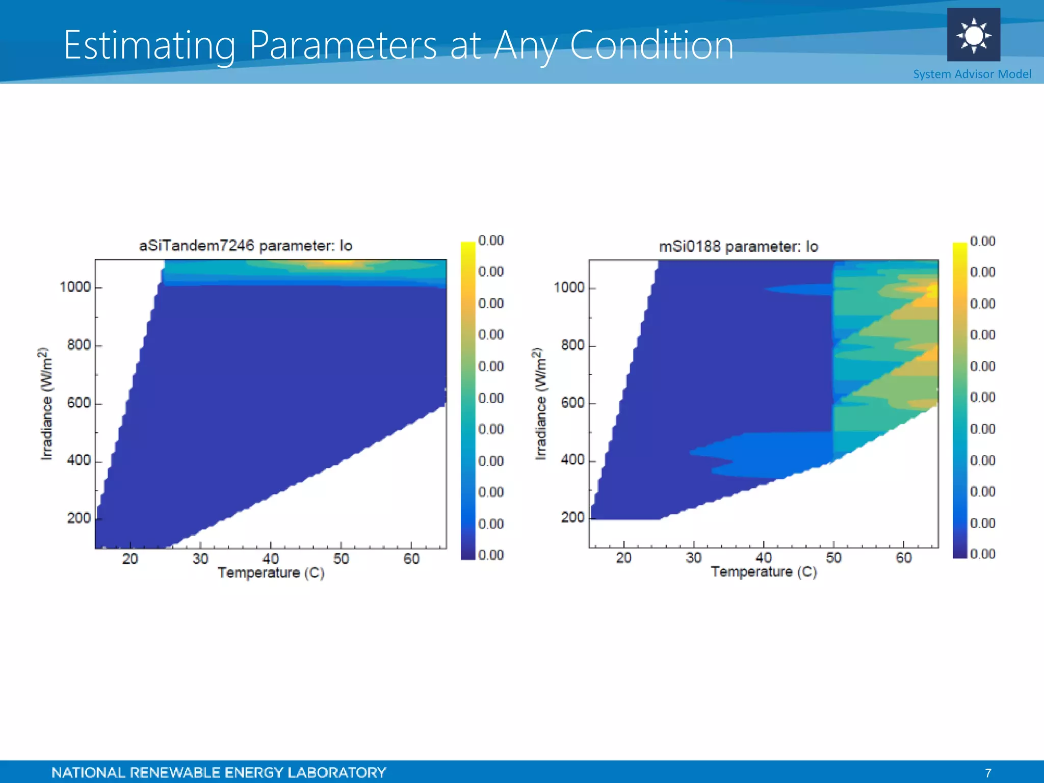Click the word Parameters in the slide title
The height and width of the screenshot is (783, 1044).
point(343,46)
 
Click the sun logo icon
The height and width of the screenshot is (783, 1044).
point(973,35)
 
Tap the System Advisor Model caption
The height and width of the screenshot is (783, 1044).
point(972,74)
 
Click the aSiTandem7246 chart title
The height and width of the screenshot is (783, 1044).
point(246,246)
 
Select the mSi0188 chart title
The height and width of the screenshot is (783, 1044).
point(738,247)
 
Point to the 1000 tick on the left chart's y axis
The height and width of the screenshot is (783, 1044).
point(75,287)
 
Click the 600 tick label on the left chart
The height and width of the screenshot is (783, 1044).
point(79,403)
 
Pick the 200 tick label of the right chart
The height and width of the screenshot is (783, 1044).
point(572,517)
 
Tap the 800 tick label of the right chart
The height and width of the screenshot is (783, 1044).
point(572,345)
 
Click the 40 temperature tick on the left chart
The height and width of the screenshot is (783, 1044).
point(270,559)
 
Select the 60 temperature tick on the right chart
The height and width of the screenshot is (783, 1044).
point(903,558)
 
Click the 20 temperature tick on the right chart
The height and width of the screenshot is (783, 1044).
point(623,558)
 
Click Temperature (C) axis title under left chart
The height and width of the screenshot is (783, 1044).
point(271,573)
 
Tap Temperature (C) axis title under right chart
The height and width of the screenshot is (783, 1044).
point(764,572)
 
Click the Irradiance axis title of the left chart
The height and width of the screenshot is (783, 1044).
point(46,404)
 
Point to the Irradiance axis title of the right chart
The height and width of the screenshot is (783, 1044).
point(540,404)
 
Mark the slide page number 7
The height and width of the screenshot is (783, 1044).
point(988,773)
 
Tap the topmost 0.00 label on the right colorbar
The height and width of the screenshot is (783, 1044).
point(982,241)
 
